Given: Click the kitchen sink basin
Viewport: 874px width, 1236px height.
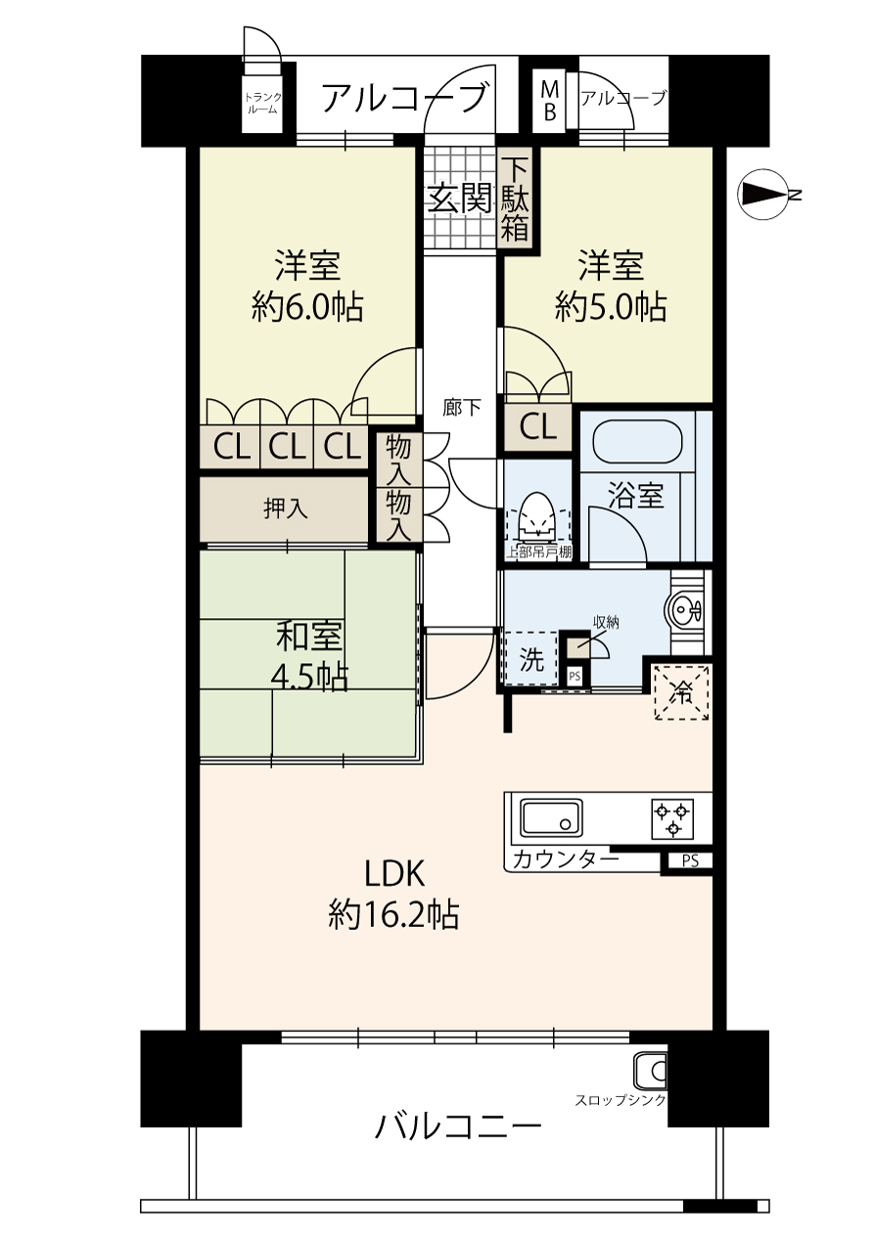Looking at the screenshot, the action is click(x=551, y=818).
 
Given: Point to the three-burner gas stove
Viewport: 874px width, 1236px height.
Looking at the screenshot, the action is click(x=672, y=818).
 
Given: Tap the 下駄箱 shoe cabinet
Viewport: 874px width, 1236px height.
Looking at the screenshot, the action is click(x=514, y=199).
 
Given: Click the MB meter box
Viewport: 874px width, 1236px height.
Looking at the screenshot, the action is click(x=549, y=101).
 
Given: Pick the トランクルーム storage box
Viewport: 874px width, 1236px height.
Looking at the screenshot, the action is click(x=263, y=104).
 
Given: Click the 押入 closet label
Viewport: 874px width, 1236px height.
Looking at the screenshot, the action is click(x=285, y=509).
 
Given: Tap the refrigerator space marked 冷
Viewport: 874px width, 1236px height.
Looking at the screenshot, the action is click(x=681, y=692).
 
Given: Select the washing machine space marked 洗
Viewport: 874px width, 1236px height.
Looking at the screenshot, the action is click(x=530, y=659).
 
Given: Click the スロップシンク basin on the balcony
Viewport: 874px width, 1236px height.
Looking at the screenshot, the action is click(x=651, y=1071).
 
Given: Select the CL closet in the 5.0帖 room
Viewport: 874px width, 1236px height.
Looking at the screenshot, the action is click(x=537, y=426).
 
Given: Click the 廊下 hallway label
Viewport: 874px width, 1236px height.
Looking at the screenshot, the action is click(x=462, y=407).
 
